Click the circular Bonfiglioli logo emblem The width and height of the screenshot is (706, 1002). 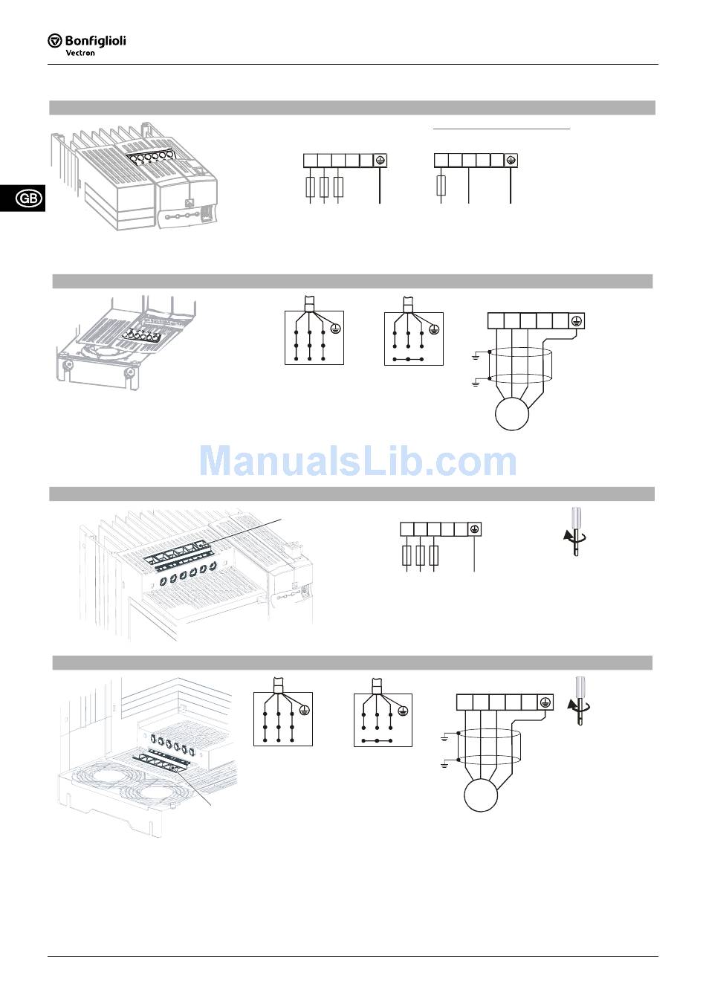click(x=54, y=40)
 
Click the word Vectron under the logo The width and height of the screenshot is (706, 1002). click(x=80, y=53)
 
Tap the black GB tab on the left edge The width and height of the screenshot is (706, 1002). click(x=28, y=198)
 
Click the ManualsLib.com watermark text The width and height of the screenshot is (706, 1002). click(x=357, y=462)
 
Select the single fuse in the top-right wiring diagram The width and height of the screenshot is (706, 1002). click(x=441, y=186)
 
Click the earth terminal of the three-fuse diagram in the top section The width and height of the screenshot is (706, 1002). click(x=380, y=161)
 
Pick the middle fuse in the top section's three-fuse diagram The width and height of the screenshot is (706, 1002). click(x=324, y=187)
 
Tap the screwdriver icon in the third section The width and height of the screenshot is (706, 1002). click(x=574, y=531)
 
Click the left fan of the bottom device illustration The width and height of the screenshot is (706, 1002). click(x=105, y=783)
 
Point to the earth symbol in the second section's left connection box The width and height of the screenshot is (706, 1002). click(x=335, y=327)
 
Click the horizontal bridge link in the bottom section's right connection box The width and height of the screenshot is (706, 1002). click(x=378, y=741)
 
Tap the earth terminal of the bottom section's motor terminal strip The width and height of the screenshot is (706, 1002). click(x=545, y=702)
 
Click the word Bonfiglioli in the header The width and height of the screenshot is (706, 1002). click(x=95, y=40)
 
